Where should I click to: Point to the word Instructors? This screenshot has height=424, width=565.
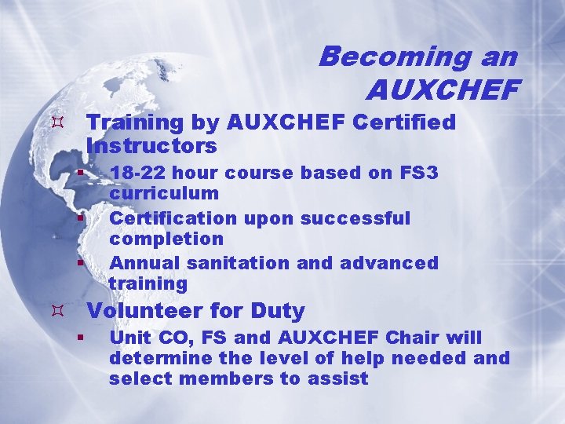[151, 147]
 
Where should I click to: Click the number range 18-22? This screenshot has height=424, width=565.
[138, 173]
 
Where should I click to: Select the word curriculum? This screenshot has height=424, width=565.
[164, 193]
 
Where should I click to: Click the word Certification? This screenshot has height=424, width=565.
[173, 217]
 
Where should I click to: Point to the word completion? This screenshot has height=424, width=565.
[166, 239]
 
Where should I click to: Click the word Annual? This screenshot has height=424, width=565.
[138, 263]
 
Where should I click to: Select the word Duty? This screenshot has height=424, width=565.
[278, 311]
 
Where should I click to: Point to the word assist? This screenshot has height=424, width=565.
[342, 379]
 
